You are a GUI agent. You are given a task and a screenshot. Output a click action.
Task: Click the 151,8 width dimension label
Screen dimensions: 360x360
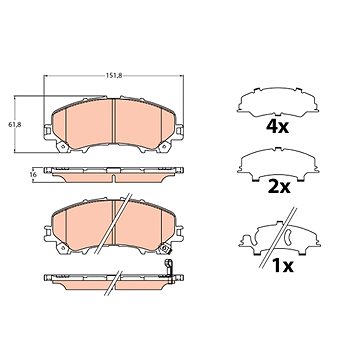point(114,76)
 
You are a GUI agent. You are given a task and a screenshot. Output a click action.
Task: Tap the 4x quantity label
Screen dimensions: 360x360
point(277,126)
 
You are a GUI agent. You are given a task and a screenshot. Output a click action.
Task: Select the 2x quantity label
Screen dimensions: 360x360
point(278,188)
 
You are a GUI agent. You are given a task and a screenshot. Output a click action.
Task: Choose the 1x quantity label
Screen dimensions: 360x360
point(282,266)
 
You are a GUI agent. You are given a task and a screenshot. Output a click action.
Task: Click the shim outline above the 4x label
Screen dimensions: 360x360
point(278,102)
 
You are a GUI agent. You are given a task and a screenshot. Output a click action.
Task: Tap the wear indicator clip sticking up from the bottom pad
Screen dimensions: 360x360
point(169,271)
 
